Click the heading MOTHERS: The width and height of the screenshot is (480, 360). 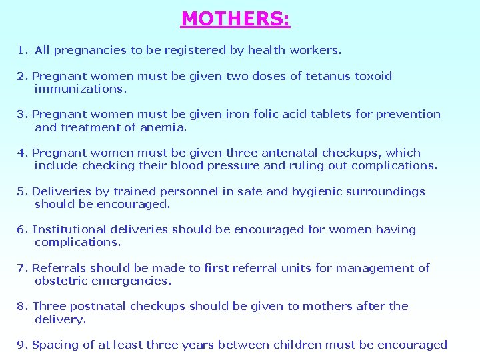(235, 18)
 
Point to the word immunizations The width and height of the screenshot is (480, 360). (81, 89)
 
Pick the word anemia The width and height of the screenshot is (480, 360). (163, 127)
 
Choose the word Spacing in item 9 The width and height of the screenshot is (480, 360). (55, 345)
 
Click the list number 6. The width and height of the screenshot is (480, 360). (21, 229)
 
